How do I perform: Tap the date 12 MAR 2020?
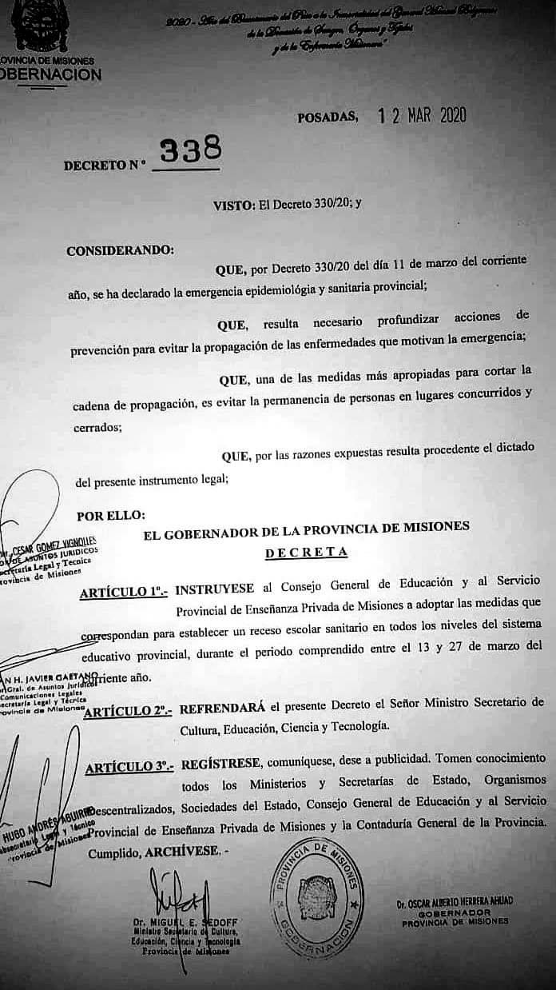pyautogui.click(x=422, y=116)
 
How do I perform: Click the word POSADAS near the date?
pyautogui.click(x=328, y=118)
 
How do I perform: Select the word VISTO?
pyautogui.click(x=234, y=204)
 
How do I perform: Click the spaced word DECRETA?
pyautogui.click(x=307, y=552)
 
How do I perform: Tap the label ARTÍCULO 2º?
pyautogui.click(x=128, y=711)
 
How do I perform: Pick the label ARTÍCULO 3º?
pyautogui.click(x=129, y=767)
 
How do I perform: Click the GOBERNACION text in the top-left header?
pyautogui.click(x=51, y=75)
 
